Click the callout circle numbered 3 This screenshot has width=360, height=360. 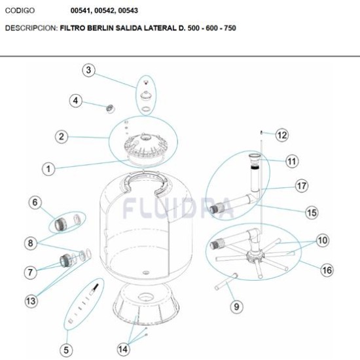88,70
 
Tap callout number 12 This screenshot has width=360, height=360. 282,135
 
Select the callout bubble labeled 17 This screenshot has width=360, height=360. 302,186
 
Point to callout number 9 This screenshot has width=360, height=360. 236,306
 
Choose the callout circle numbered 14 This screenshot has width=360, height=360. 123,350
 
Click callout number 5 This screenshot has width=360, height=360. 66,350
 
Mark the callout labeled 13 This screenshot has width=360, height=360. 31,301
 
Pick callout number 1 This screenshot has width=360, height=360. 48,169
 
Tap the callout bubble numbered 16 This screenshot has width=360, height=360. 327,270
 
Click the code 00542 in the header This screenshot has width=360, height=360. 105,10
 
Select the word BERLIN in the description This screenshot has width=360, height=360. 100,28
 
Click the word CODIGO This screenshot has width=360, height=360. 20,10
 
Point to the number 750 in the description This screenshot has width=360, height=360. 230,28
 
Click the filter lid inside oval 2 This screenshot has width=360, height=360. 144,147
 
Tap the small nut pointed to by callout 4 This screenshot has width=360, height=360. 111,109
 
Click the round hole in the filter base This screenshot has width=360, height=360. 145,298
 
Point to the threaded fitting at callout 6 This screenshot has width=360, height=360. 61,224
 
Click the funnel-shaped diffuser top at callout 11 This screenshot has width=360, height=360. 255,158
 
